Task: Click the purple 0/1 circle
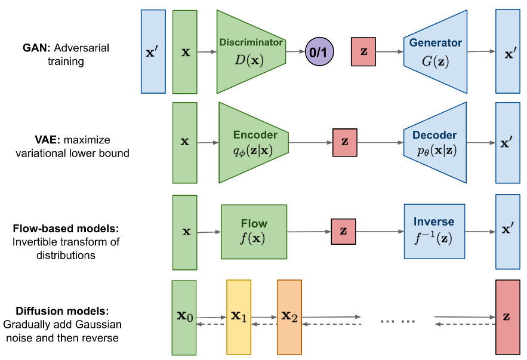coord(319,52)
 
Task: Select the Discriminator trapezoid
coord(251,52)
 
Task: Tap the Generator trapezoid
coord(435,52)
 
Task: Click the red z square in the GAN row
coord(363,52)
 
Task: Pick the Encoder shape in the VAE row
coord(254,143)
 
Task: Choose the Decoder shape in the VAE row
coord(435,143)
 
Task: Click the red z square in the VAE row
coord(345,143)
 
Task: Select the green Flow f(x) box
coord(254,232)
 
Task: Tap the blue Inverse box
coord(434,231)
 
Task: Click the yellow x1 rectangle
coord(239,317)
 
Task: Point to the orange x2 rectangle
coord(289,317)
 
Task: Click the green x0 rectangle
coord(184,318)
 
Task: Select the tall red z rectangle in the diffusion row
coord(508,317)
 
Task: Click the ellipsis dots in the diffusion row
coord(397,321)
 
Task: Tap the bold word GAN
coord(35,48)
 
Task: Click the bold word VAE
coord(47,140)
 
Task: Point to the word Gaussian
coord(98,324)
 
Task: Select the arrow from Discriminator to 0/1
coord(295,52)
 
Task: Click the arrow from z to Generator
coord(390,52)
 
